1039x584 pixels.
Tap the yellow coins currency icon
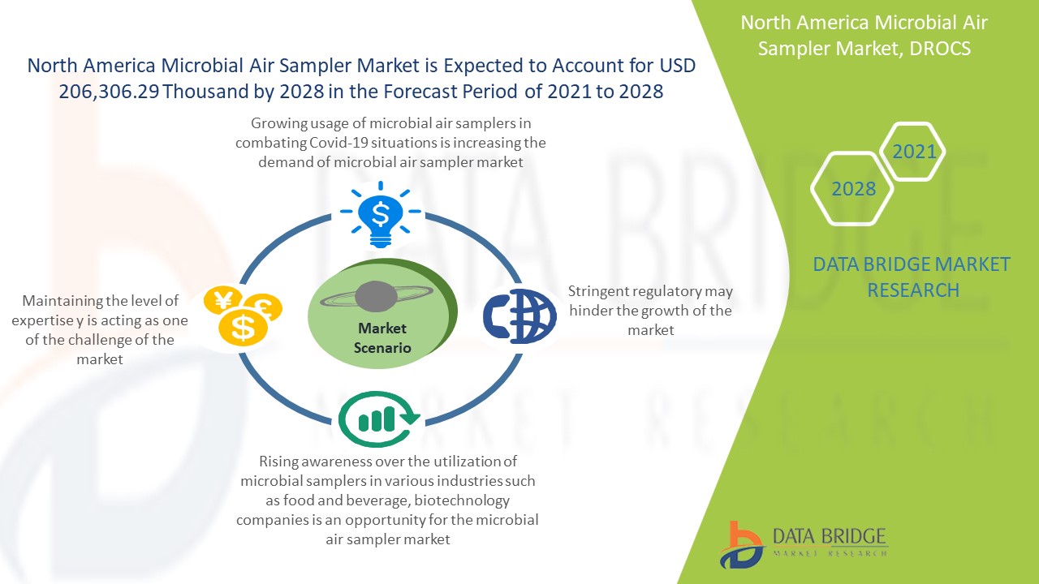pyautogui.click(x=243, y=316)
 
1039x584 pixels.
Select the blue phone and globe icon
pyautogui.click(x=519, y=316)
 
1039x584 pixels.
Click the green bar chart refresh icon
pyautogui.click(x=379, y=419)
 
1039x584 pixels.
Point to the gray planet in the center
pyautogui.click(x=376, y=296)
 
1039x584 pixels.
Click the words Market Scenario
pyautogui.click(x=382, y=338)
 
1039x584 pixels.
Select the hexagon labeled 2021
pyautogui.click(x=912, y=152)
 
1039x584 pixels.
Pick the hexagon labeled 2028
pyautogui.click(x=852, y=189)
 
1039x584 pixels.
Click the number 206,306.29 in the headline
pyautogui.click(x=109, y=92)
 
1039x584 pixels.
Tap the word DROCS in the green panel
pyautogui.click(x=940, y=49)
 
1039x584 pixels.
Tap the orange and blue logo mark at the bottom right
pyautogui.click(x=741, y=544)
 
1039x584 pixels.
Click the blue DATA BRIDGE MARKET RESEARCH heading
pyautogui.click(x=912, y=277)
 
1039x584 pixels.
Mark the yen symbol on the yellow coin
pyautogui.click(x=223, y=300)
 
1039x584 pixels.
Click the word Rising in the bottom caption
pyautogui.click(x=278, y=462)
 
